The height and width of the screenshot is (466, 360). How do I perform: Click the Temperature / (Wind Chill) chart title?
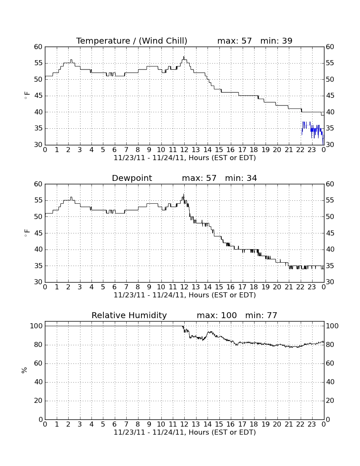(132, 41)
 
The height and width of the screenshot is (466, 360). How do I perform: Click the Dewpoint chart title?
(132, 178)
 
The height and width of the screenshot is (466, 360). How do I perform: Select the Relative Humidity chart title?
(129, 315)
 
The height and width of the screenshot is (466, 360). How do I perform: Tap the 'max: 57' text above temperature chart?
(235, 41)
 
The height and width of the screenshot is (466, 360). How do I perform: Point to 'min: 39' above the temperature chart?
(276, 41)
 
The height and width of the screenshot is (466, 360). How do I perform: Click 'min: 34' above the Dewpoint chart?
(241, 178)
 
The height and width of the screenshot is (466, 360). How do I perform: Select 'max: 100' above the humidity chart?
(217, 315)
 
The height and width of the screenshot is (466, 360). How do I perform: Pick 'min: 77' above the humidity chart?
(261, 315)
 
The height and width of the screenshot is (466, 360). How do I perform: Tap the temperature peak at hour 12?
(184, 57)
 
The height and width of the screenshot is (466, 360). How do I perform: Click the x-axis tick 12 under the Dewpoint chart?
(184, 287)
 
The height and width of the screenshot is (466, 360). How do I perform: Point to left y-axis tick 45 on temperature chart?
(39, 96)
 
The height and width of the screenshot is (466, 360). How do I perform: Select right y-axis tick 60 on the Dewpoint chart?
(330, 184)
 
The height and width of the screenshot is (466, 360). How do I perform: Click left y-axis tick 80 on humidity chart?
(39, 345)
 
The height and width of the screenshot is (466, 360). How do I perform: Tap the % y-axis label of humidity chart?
(25, 370)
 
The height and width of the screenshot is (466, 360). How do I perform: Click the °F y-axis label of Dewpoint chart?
(27, 233)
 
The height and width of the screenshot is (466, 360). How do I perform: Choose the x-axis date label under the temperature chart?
(185, 158)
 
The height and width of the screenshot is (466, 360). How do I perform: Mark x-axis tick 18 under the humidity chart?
(254, 424)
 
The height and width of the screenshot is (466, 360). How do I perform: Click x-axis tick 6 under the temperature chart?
(115, 150)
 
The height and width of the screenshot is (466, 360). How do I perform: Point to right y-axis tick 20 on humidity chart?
(330, 401)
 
